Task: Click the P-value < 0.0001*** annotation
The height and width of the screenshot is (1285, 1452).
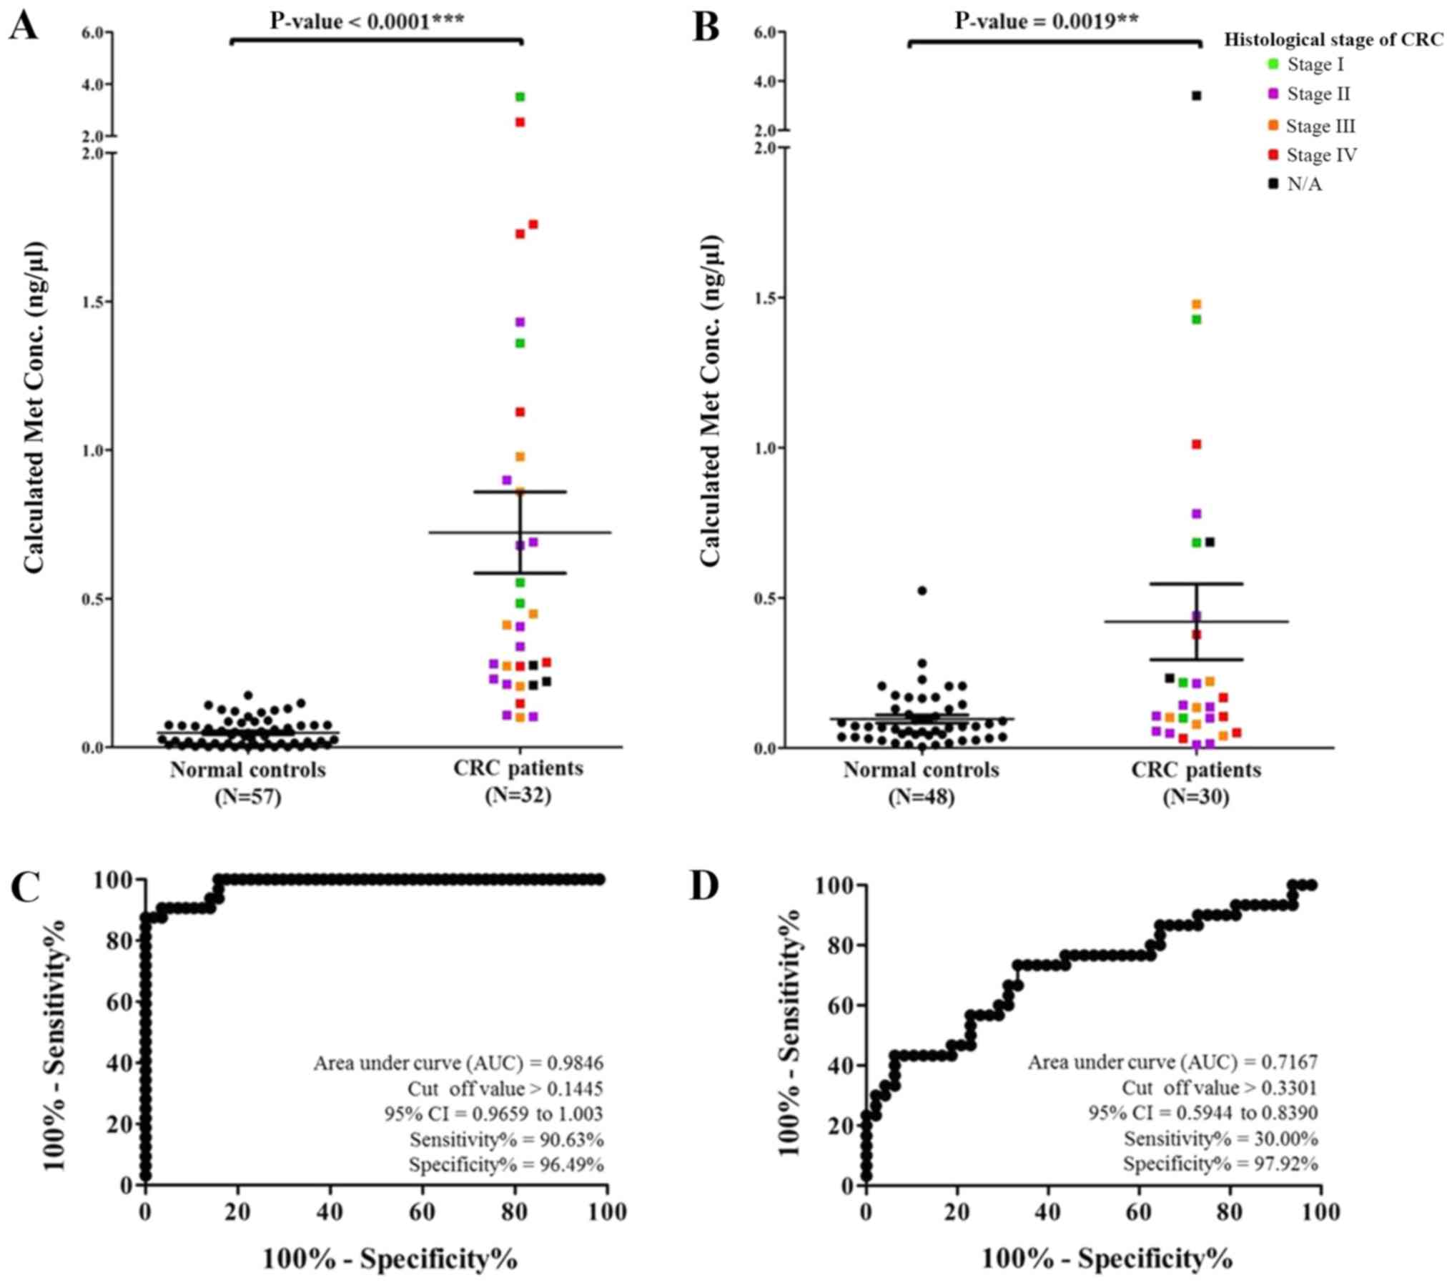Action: click(367, 21)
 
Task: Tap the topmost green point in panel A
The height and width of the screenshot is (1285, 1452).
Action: click(520, 96)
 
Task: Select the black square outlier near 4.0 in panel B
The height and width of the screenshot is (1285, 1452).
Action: click(1196, 96)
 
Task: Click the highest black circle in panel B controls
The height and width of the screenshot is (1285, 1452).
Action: click(922, 590)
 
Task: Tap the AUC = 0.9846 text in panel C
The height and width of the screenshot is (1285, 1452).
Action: click(458, 1063)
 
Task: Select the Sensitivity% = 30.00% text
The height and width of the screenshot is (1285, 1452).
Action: click(1220, 1138)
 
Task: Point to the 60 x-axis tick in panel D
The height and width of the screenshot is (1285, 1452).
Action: click(1138, 1211)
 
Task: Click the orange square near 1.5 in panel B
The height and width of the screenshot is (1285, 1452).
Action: click(1196, 304)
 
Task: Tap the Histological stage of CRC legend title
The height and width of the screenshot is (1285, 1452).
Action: click(1333, 40)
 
